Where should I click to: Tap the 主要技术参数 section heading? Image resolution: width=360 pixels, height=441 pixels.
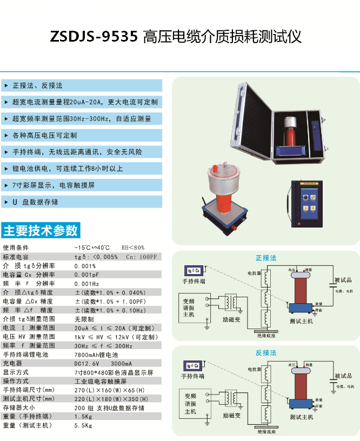41,231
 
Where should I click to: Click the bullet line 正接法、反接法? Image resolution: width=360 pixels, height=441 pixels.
37,85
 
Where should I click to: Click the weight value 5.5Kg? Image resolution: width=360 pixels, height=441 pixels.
83,426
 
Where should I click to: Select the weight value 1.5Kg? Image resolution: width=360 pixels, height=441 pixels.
83,417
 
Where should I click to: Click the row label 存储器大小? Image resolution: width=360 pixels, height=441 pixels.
19,408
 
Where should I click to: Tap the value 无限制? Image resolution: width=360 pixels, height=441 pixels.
84,319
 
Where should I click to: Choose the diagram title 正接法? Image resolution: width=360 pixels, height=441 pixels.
266,258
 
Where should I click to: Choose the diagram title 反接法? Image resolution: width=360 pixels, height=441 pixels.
266,353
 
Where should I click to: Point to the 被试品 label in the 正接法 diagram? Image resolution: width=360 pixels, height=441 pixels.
343,280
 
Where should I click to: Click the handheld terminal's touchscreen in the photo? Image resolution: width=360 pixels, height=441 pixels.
309,204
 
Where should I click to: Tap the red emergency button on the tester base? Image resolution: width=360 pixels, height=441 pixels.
235,229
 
